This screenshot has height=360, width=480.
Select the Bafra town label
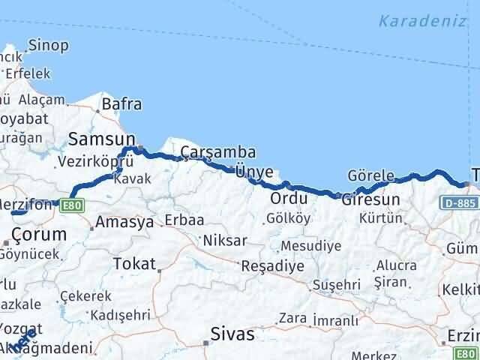pos(121,104)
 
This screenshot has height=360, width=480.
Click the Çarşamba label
pos(213,153)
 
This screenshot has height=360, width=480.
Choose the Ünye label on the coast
pos(254,171)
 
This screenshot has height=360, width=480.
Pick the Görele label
pos(370,176)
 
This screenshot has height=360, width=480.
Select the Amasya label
pos(124,222)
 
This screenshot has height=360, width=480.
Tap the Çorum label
pos(39,234)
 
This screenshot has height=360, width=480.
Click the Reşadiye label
pos(271,265)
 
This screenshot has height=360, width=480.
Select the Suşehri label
pos(336,284)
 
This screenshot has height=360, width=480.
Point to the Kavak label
pos(136,178)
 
